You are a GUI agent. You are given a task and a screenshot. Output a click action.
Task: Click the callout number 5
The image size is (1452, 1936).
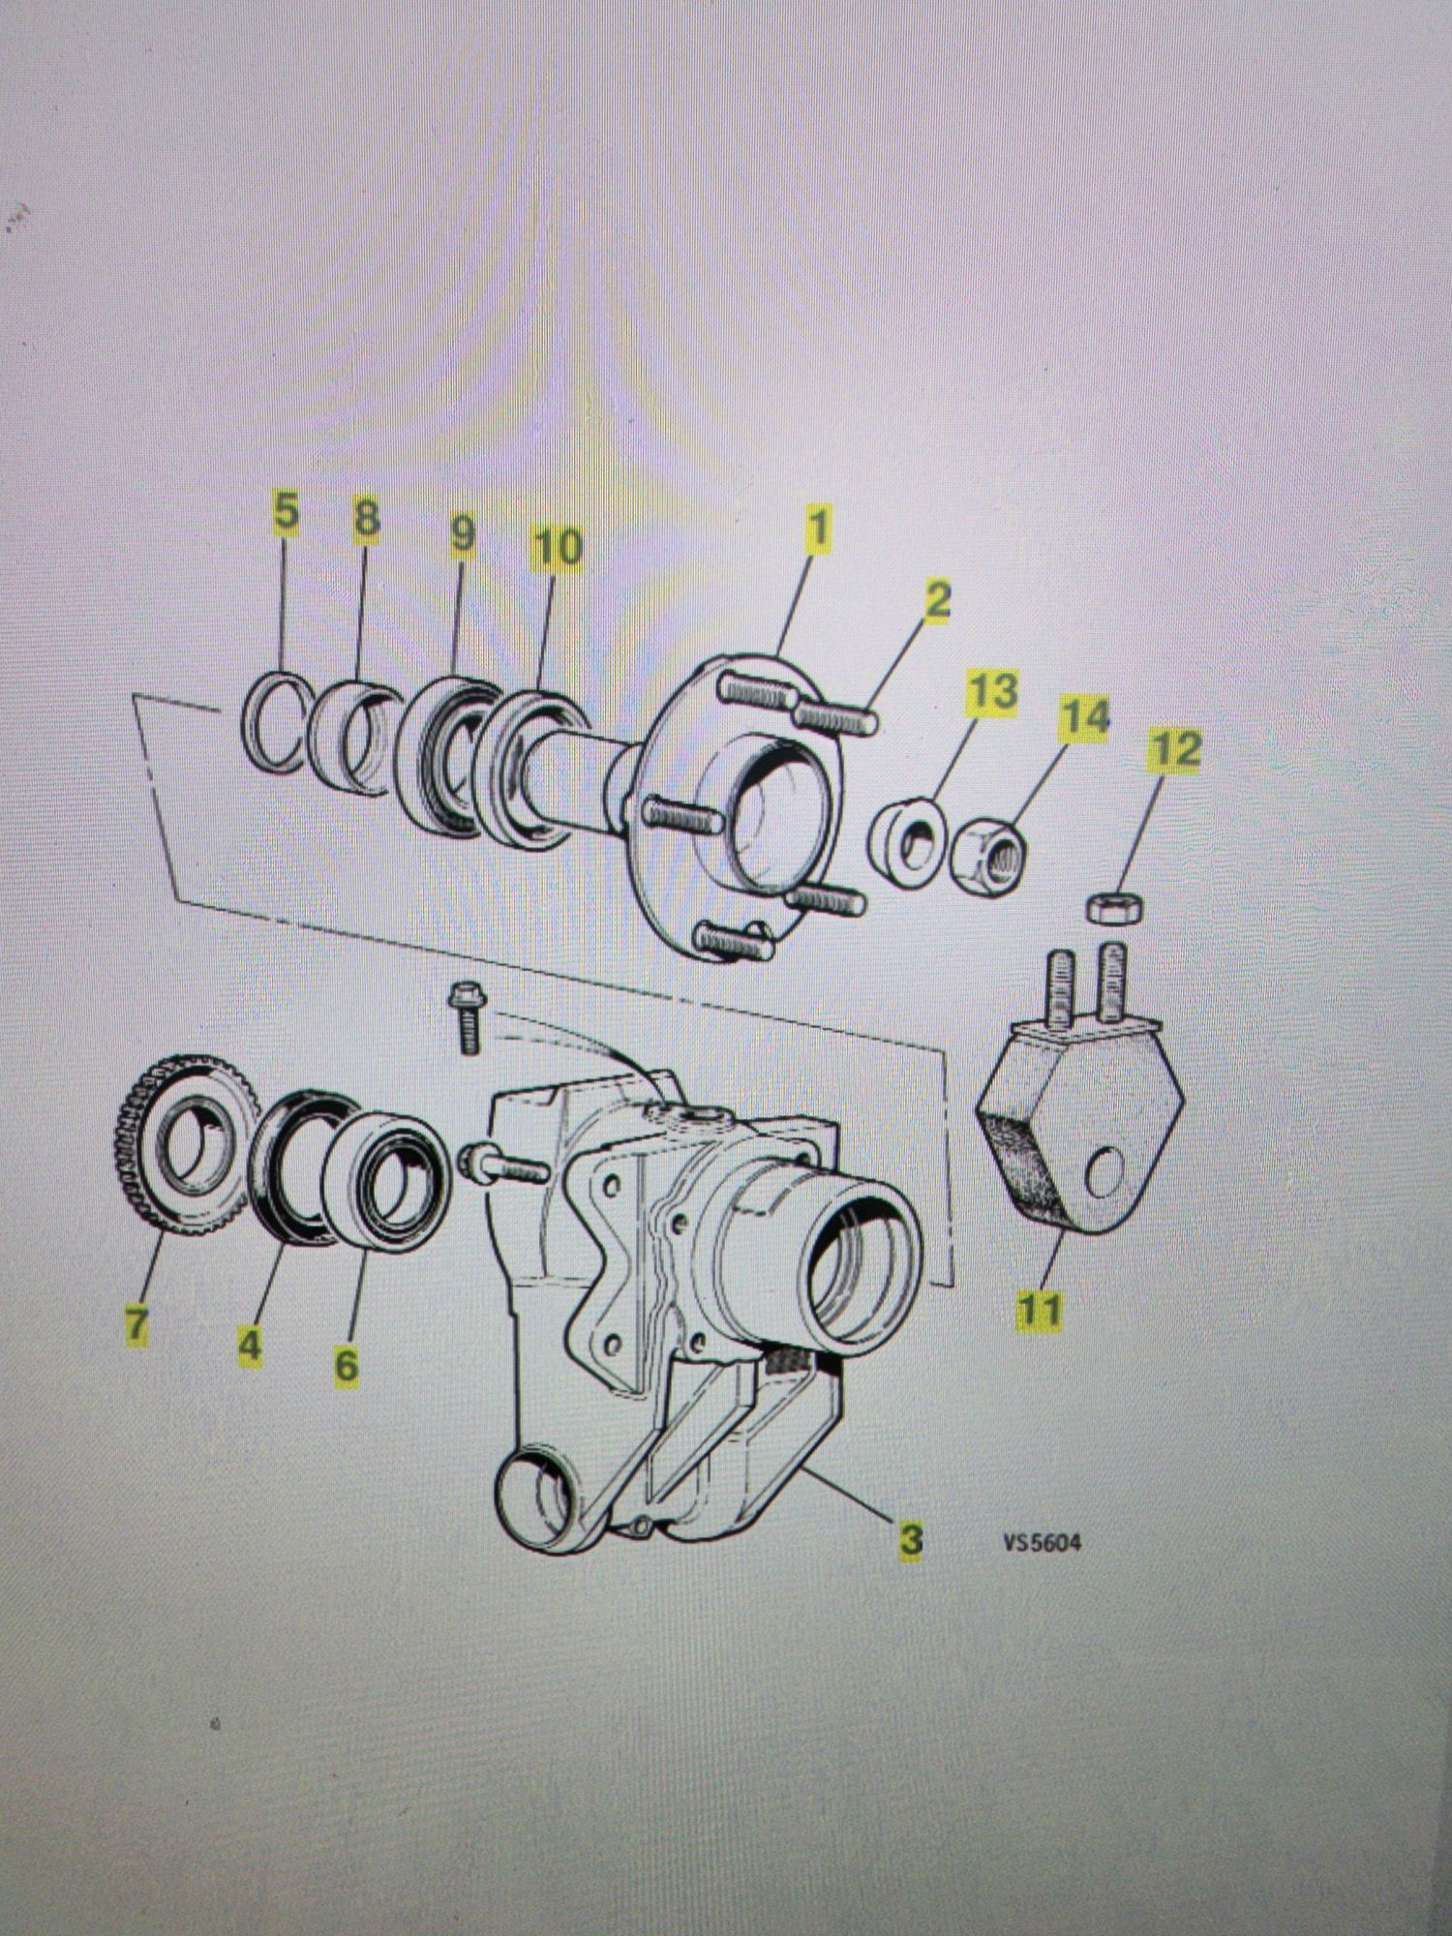click(x=286, y=513)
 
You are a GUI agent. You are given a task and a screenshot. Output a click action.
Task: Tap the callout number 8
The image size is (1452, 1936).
click(x=365, y=520)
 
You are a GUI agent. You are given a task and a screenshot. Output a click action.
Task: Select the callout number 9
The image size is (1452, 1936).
click(x=462, y=533)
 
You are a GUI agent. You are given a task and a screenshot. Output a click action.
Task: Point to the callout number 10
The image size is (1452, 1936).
click(x=558, y=548)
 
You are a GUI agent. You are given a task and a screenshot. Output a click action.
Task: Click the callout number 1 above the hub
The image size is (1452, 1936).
click(x=818, y=529)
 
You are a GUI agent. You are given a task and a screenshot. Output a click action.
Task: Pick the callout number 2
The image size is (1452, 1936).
click(x=936, y=601)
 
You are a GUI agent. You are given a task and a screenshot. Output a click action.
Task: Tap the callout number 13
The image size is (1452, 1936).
click(x=994, y=693)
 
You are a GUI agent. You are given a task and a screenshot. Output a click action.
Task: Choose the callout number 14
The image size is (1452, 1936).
click(x=1084, y=717)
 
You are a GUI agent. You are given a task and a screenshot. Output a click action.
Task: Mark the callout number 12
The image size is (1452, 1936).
click(x=1175, y=751)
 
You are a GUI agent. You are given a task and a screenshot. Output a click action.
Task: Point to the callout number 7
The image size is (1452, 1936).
click(x=136, y=1324)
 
